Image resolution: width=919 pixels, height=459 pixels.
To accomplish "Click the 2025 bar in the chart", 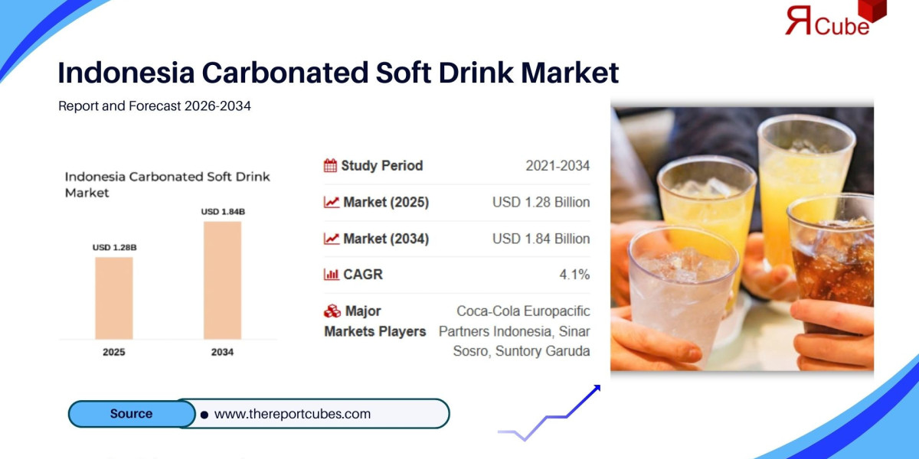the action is coord(114,298).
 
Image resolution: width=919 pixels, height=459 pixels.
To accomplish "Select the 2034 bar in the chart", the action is coord(222,280).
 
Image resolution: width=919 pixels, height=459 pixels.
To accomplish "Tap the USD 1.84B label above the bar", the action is coord(223,211).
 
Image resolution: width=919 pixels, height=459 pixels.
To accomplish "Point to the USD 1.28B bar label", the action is coord(114,247).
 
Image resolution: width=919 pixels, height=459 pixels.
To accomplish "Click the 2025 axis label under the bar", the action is coord(113,352).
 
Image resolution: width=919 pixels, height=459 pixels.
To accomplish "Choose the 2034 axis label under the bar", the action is coord(222,352).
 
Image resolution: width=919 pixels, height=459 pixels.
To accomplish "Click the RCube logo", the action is coord(836,18).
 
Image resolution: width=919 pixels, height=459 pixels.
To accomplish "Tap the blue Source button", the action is coord(132,414).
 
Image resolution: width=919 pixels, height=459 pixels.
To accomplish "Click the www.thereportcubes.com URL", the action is coord(292,414).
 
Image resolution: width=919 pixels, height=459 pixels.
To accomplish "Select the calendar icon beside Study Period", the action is coord(330,165).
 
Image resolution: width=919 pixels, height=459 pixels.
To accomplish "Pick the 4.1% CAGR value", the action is coord(574,274).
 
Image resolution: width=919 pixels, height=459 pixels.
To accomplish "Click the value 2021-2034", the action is coord(558,165).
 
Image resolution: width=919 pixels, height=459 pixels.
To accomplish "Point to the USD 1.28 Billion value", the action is coord(541,202).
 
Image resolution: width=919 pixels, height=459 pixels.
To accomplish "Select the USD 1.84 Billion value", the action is coord(541,239).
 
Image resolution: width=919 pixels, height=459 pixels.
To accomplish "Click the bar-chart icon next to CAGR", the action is coord(331,274).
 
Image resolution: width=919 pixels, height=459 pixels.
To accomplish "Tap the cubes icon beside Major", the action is coord(332,311).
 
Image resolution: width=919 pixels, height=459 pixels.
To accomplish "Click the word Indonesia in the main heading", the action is coord(126,73).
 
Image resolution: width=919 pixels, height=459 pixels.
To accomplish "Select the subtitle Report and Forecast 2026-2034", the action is coord(154,106).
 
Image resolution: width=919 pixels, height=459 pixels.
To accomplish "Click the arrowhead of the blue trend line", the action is coord(597,388).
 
